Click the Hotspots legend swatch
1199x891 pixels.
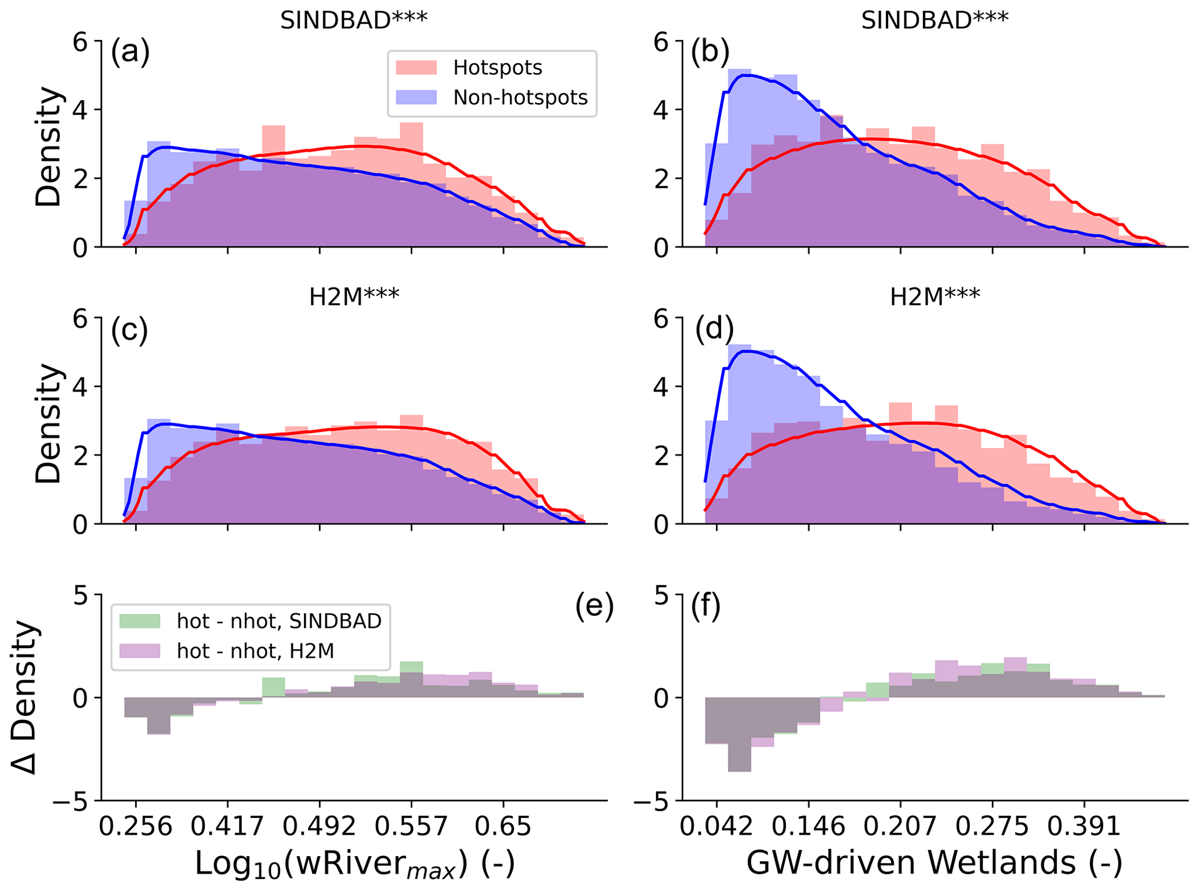tap(416, 68)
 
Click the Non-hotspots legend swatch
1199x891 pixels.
tap(416, 97)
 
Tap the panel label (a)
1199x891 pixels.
tap(131, 52)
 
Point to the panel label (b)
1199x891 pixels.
tap(710, 52)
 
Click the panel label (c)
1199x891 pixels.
tap(129, 330)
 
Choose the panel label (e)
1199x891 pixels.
tap(595, 607)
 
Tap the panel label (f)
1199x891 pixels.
tap(705, 607)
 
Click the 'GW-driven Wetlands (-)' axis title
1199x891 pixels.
tap(934, 863)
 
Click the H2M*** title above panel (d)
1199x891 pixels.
tap(934, 297)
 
